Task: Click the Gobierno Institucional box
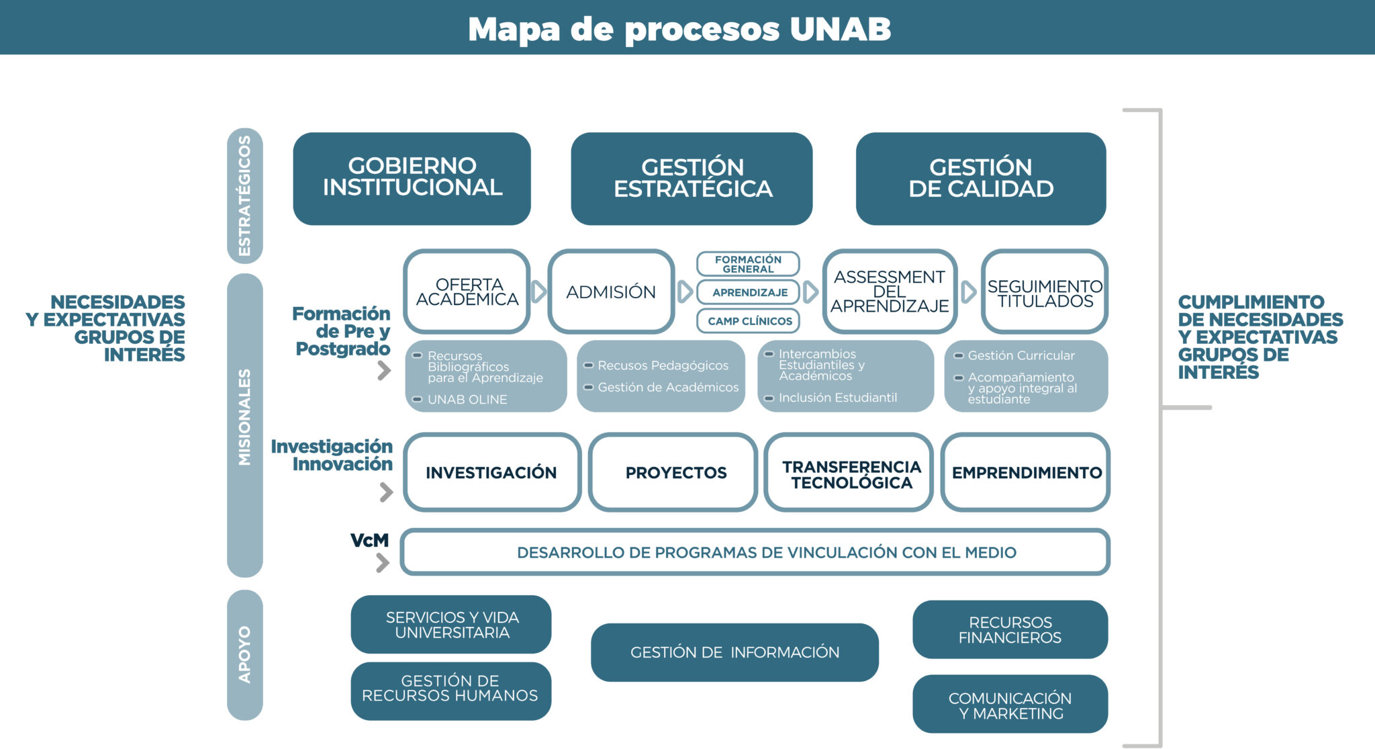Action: pyautogui.click(x=412, y=178)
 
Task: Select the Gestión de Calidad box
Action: pyautogui.click(x=980, y=178)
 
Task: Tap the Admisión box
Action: pyautogui.click(x=611, y=292)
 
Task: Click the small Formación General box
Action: pyautogui.click(x=748, y=264)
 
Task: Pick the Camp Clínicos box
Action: pyautogui.click(x=749, y=321)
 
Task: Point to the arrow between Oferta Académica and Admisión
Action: pyautogui.click(x=539, y=292)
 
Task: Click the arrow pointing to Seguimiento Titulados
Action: pyautogui.click(x=968, y=292)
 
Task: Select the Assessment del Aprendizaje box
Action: pyautogui.click(x=890, y=292)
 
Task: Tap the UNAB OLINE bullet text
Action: pyautogui.click(x=467, y=400)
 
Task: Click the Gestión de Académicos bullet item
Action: pyautogui.click(x=667, y=388)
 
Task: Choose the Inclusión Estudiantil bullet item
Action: pyautogui.click(x=837, y=398)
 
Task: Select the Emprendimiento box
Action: pyautogui.click(x=1026, y=473)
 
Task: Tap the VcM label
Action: pyautogui.click(x=369, y=540)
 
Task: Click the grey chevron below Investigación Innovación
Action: pyautogui.click(x=386, y=492)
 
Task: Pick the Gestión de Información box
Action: pyautogui.click(x=734, y=652)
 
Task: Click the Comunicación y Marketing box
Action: pyautogui.click(x=1010, y=705)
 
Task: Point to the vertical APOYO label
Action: pyautogui.click(x=244, y=655)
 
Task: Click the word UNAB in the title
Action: pyautogui.click(x=840, y=29)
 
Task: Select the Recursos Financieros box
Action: pyautogui.click(x=1010, y=629)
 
